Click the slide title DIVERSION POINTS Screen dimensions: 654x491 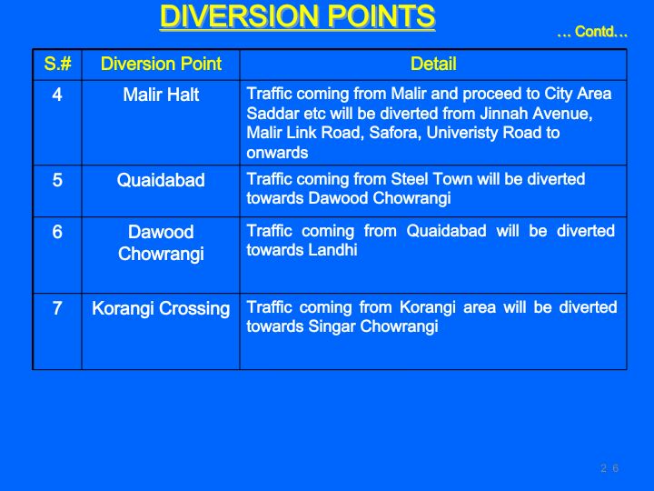(x=297, y=16)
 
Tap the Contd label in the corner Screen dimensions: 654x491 (x=592, y=31)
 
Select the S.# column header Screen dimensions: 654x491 (x=57, y=64)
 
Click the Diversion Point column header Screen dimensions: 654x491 (x=161, y=64)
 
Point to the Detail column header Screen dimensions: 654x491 (x=433, y=64)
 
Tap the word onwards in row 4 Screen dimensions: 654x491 (x=277, y=153)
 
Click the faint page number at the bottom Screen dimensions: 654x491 (x=609, y=468)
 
